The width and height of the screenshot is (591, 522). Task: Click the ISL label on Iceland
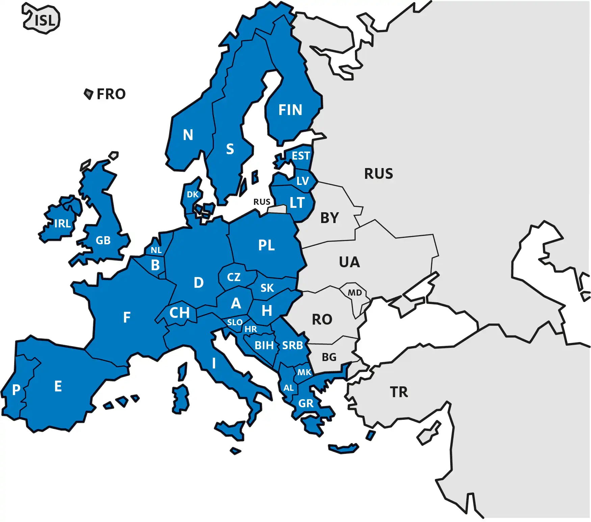click(x=45, y=21)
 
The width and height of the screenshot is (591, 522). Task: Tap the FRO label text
click(x=111, y=94)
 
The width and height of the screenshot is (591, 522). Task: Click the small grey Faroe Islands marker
click(x=88, y=94)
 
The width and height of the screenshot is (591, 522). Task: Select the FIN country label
click(x=290, y=110)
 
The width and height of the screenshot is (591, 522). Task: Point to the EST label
click(x=301, y=156)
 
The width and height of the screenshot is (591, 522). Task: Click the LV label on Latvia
click(x=303, y=181)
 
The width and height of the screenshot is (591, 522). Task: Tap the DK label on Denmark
click(x=193, y=195)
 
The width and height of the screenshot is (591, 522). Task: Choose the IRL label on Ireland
click(x=62, y=223)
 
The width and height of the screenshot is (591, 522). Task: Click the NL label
click(x=156, y=250)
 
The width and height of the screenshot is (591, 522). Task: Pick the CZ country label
click(x=234, y=277)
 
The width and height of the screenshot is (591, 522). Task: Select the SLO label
click(x=235, y=323)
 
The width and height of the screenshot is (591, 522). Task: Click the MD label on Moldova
click(x=355, y=293)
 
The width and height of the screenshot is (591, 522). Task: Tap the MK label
click(x=304, y=373)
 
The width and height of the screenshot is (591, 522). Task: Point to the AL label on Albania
click(x=288, y=388)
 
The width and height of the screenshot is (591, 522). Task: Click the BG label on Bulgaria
click(x=329, y=357)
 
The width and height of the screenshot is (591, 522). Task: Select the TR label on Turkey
click(x=399, y=392)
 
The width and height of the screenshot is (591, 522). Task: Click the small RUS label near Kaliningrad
click(x=262, y=202)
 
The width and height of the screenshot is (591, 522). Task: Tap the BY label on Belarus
click(x=329, y=218)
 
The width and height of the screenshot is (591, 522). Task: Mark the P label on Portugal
click(x=16, y=390)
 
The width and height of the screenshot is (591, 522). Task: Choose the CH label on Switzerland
click(x=179, y=313)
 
